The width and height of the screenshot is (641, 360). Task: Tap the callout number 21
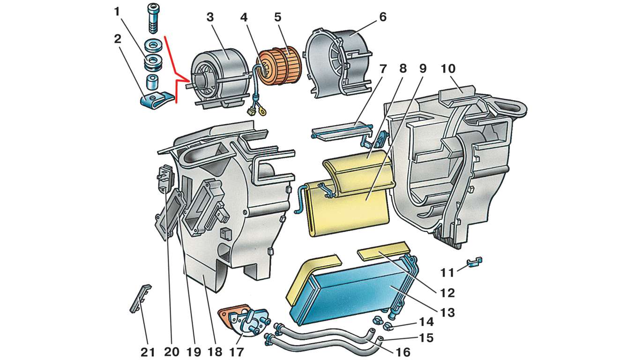(x=148, y=352)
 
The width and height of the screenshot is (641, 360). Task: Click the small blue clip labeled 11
(x=475, y=262)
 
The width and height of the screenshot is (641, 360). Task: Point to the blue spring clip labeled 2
(x=157, y=100)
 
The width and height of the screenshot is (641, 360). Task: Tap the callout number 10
(x=448, y=69)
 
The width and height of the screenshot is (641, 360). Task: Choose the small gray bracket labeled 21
(x=140, y=299)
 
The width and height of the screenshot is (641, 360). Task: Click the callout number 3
(x=210, y=17)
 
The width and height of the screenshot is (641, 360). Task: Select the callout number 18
(x=215, y=352)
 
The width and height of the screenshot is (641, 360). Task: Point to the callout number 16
(x=402, y=352)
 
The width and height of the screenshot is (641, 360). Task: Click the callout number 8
(x=402, y=69)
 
